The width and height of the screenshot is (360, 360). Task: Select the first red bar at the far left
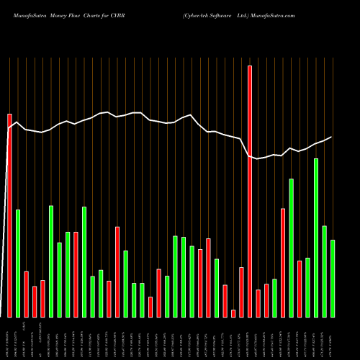(x=9, y=216)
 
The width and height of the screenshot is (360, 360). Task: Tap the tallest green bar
(x=316, y=238)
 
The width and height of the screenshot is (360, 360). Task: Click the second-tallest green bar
(x=291, y=248)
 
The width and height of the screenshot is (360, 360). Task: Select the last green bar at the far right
(x=333, y=278)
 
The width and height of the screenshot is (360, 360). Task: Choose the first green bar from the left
(x=18, y=263)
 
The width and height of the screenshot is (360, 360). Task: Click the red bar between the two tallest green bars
(x=300, y=288)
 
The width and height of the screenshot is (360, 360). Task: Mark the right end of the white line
(x=331, y=137)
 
